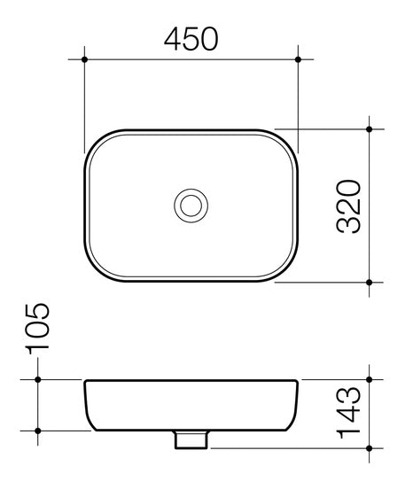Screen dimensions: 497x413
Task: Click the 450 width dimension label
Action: click(191, 39)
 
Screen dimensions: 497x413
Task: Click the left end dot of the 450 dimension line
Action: click(84, 59)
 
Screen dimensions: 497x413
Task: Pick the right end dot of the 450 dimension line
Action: click(298, 59)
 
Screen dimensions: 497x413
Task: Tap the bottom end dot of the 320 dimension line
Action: click(370, 282)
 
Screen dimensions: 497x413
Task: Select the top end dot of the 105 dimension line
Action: click(38, 379)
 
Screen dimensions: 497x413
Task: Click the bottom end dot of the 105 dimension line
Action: click(38, 431)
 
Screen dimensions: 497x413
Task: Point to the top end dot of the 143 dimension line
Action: click(370, 379)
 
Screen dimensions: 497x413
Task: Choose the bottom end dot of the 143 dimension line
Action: click(370, 448)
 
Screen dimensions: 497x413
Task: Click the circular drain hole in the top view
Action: click(191, 206)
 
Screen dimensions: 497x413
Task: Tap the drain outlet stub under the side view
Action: click(191, 439)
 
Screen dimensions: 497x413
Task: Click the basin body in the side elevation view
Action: click(191, 406)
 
